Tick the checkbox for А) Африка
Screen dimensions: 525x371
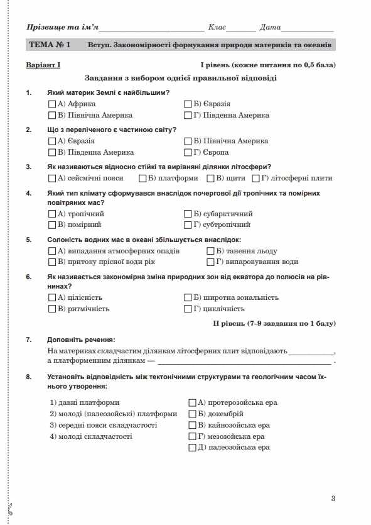[52, 104]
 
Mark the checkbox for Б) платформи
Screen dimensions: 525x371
[143, 178]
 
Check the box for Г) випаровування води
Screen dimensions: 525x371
[211, 262]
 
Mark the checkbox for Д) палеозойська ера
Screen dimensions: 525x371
[193, 448]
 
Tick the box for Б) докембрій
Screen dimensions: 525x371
[193, 414]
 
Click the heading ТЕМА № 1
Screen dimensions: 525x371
[50, 45]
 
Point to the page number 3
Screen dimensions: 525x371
[333, 499]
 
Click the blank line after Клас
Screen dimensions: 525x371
[241, 29]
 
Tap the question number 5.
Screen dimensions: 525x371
[29, 240]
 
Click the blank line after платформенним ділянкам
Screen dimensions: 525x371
[245, 362]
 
